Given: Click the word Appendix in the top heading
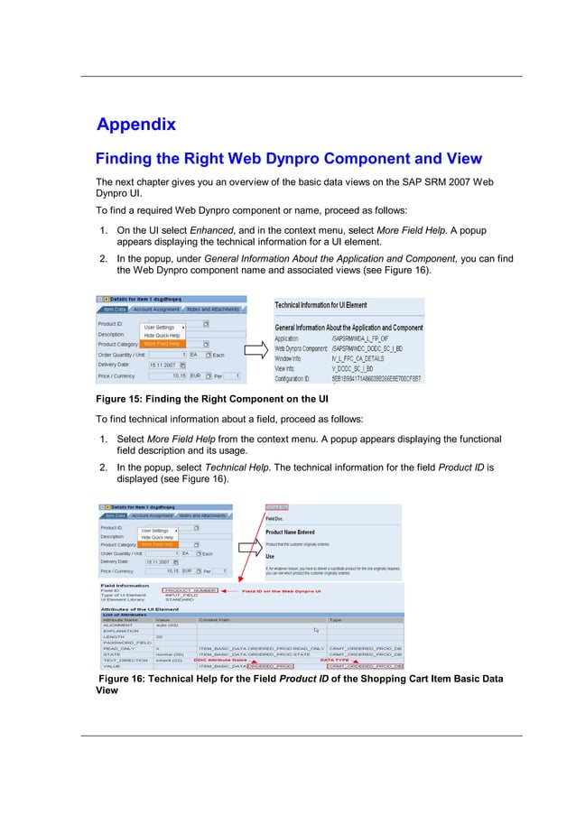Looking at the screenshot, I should [x=135, y=125].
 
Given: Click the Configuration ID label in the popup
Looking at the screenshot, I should [x=299, y=381].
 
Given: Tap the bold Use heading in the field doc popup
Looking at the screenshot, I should [x=270, y=556].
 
